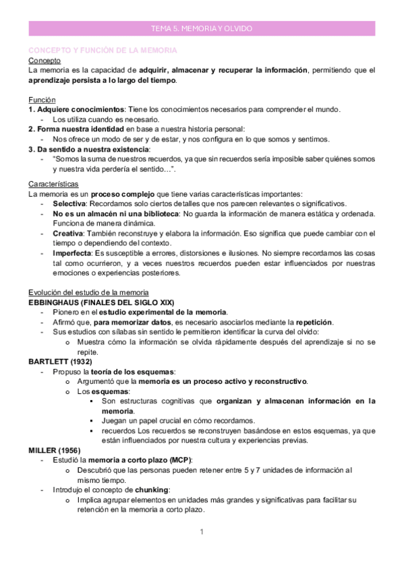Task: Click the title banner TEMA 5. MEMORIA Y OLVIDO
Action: click(202, 29)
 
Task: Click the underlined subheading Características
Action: click(54, 183)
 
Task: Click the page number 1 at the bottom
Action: click(202, 533)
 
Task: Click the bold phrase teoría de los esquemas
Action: click(133, 371)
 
